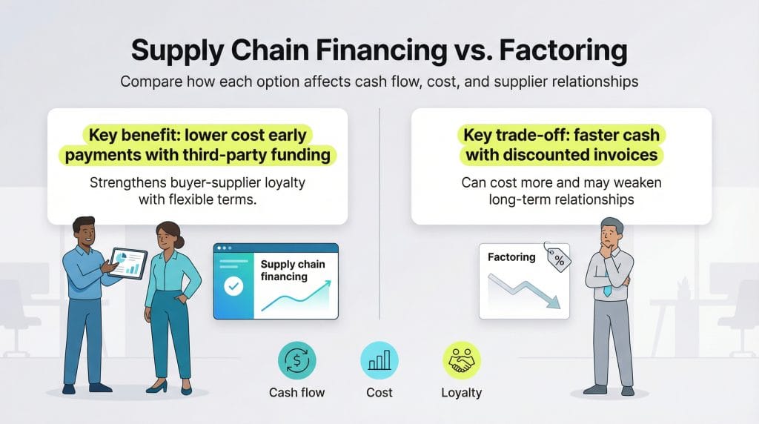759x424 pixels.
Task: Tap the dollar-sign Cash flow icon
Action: [296, 362]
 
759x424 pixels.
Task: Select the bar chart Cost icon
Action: [379, 362]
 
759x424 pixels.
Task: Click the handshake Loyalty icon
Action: [461, 362]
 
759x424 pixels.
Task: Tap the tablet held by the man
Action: [127, 262]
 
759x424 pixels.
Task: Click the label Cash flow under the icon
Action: [296, 392]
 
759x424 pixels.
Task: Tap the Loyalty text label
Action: [461, 392]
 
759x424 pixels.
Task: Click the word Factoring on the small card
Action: [511, 257]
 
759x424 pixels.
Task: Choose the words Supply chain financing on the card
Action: [293, 271]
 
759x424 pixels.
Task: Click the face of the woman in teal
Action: [168, 237]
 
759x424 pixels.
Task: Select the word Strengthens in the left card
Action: [125, 182]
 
